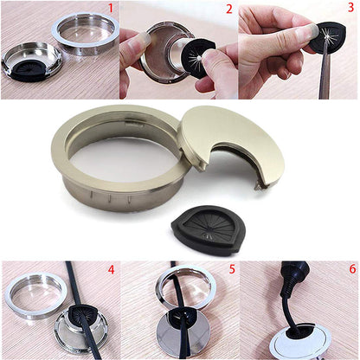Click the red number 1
click(110, 10)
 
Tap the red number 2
click(228, 10)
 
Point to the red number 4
click(110, 270)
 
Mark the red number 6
click(350, 270)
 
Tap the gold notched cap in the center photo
click(231, 142)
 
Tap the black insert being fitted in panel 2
click(199, 55)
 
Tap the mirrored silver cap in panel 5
click(182, 337)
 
